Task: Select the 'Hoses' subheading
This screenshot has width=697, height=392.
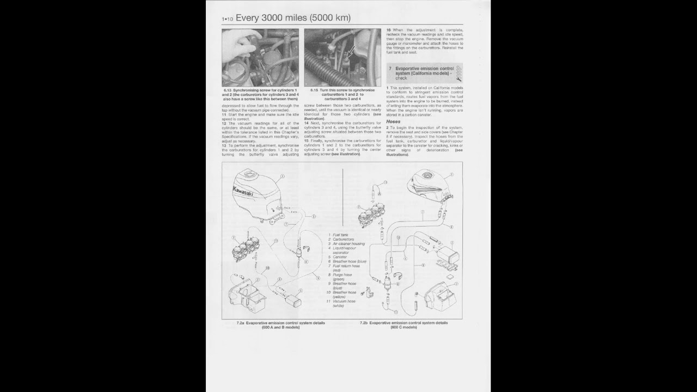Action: pyautogui.click(x=393, y=121)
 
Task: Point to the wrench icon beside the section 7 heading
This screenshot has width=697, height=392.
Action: pyautogui.click(x=458, y=73)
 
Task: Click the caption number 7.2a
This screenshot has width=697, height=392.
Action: pyautogui.click(x=240, y=323)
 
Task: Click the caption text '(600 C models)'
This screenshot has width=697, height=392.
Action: pyautogui.click(x=403, y=327)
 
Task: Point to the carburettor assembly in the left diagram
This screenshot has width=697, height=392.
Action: pyautogui.click(x=243, y=252)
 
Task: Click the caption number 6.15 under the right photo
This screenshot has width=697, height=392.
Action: pyautogui.click(x=314, y=90)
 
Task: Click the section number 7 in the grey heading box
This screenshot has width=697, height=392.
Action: pyautogui.click(x=390, y=69)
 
